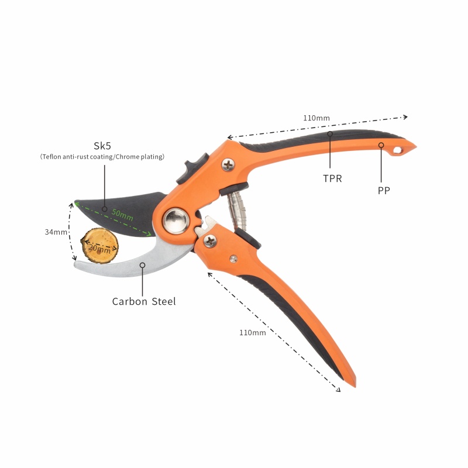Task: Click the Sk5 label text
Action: coord(102,146)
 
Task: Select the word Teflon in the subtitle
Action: coord(51,157)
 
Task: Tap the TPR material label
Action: coord(332,178)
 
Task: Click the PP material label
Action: coord(384,191)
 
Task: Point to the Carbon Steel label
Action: coord(144,301)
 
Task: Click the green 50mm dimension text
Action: coord(122,215)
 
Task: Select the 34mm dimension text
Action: coord(56,232)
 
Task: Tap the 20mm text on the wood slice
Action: coord(99,248)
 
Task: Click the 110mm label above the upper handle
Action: coord(316,118)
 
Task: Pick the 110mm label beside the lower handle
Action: coord(253,332)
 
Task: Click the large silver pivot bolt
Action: coord(176,221)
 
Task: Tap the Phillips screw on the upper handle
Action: coord(228,165)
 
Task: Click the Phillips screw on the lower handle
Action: coord(211,241)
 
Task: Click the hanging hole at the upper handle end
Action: coord(398,150)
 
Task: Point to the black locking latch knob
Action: coord(192,168)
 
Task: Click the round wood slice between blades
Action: coord(99,246)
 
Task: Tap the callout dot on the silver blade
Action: coord(142,265)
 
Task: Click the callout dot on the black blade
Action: coord(105,209)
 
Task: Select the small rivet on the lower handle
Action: coord(233,259)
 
